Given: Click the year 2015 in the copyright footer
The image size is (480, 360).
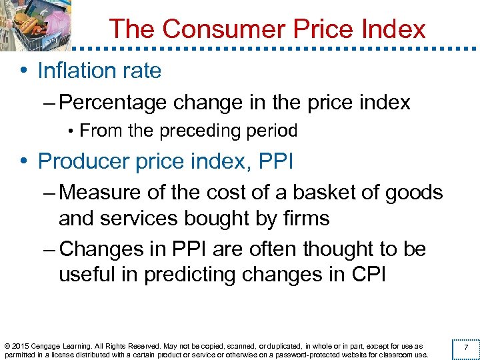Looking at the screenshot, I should (21, 346).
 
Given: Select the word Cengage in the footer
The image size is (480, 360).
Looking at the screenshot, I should (48, 346).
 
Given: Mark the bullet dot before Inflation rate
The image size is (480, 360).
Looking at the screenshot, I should (24, 71).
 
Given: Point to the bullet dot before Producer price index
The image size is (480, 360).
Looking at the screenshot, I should (24, 162).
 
